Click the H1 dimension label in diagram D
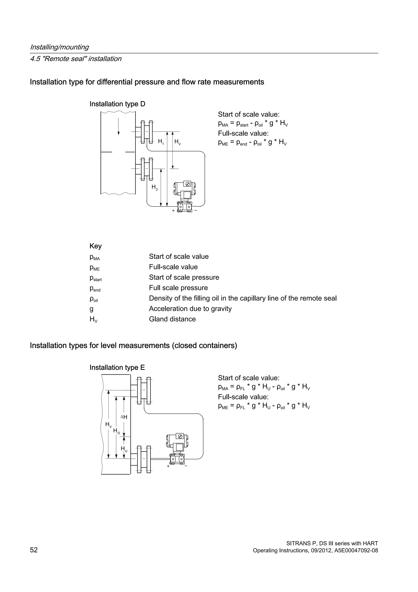click(x=161, y=141)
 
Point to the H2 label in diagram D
click(x=155, y=187)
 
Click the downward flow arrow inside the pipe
click(x=118, y=126)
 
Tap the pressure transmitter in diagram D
click(x=185, y=196)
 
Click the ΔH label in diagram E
click(x=124, y=417)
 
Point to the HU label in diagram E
click(x=124, y=449)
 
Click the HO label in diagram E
click(x=116, y=431)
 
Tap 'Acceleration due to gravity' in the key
click(x=190, y=309)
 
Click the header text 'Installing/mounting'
click(x=59, y=47)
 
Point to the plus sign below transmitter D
click(x=173, y=211)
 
